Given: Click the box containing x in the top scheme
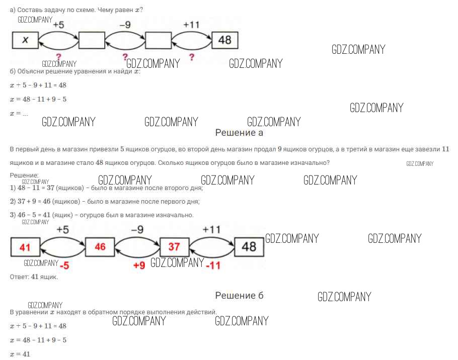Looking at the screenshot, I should tap(25, 40).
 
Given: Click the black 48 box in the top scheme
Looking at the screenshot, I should tap(224, 40).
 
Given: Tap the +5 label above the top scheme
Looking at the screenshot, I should tap(58, 24).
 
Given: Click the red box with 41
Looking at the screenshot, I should tap(25, 247).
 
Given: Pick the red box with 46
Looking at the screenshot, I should tap(100, 247).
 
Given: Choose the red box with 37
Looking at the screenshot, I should tap(174, 247).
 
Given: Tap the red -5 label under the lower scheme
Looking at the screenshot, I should tap(64, 265).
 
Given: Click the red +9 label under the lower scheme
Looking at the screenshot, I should tap(139, 265).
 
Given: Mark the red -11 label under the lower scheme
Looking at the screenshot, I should tap(213, 265).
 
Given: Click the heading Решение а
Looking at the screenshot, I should tap(239, 133).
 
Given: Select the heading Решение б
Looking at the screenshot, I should tap(239, 295).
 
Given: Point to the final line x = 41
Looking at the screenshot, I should tap(20, 354).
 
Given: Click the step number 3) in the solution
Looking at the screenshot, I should tap(13, 215).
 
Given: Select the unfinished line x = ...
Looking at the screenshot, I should tap(19, 114).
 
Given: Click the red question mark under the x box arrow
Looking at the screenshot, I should tap(58, 57).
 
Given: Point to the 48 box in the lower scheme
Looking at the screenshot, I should tap(249, 247).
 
